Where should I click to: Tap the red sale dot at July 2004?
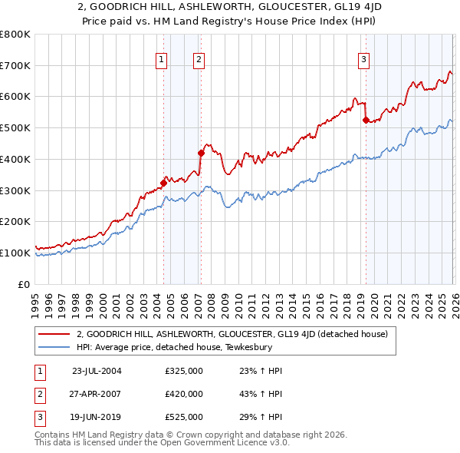click(x=163, y=183)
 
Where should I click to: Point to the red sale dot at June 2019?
click(x=366, y=120)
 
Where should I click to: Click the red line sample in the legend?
click(x=54, y=334)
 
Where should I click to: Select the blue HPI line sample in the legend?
click(x=54, y=347)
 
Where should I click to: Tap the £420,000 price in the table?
click(x=184, y=394)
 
